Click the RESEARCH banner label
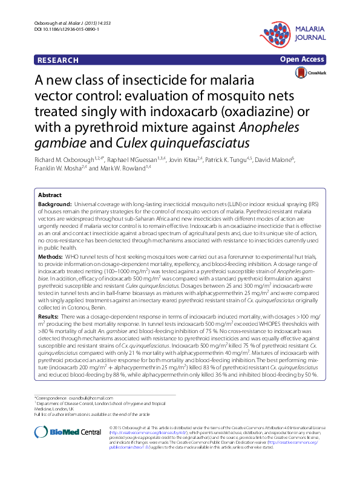57,60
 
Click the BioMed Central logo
67,432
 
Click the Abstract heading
50,195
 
